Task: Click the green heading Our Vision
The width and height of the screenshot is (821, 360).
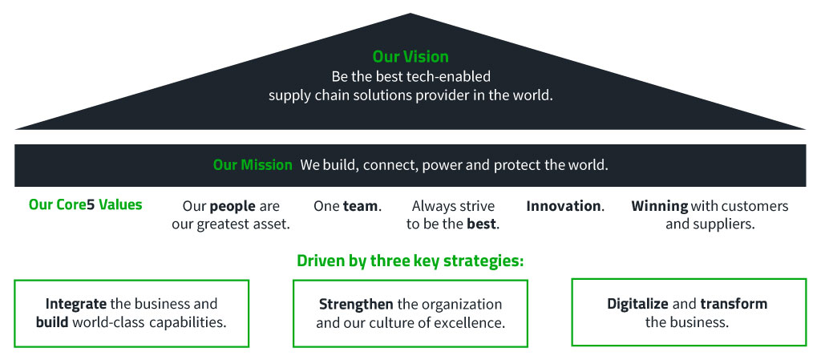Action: pos(410,56)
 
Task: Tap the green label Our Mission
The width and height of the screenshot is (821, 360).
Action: pos(253,165)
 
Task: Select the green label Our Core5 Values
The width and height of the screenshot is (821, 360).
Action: pos(85,204)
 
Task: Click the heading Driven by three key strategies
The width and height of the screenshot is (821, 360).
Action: pos(410,261)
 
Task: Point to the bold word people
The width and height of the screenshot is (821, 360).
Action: pos(233,207)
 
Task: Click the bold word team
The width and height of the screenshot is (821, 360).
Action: pos(360,206)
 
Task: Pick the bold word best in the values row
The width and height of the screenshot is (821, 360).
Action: pos(481,224)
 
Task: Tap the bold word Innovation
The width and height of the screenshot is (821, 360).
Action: pos(564,206)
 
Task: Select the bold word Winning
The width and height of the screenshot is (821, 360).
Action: pos(660,207)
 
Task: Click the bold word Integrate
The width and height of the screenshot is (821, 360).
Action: pos(76,304)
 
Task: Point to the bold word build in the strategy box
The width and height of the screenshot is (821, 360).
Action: pos(52,322)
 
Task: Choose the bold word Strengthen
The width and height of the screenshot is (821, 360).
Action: pos(356,304)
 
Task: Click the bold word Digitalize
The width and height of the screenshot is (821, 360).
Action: pos(637,304)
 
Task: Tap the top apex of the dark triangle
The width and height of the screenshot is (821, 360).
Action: pos(410,14)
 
